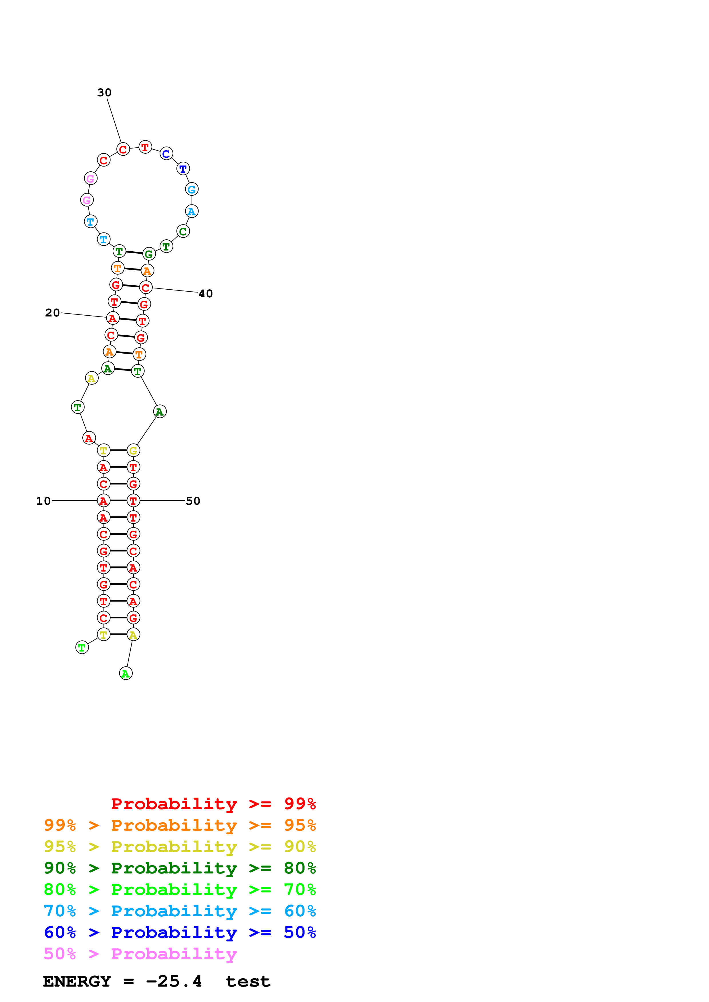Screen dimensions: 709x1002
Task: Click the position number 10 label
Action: [43, 501]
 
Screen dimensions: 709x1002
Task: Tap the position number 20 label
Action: [52, 313]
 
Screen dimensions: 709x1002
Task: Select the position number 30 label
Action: [104, 93]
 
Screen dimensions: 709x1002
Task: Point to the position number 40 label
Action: [206, 294]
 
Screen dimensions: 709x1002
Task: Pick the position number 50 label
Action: [193, 501]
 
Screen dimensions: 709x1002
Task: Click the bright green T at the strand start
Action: [82, 648]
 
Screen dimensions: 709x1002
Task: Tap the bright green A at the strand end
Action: [126, 674]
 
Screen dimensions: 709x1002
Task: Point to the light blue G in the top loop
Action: [192, 189]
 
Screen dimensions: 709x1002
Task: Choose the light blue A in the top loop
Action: [192, 212]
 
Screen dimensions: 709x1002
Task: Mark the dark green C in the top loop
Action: [183, 232]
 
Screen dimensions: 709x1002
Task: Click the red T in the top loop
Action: [145, 147]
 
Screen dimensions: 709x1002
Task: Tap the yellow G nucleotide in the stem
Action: [133, 450]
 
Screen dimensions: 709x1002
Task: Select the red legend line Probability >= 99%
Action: [213, 804]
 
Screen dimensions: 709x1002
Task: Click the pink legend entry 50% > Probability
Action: [140, 954]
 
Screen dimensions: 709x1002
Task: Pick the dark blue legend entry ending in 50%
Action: [180, 933]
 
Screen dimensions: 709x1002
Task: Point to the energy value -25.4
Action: [174, 981]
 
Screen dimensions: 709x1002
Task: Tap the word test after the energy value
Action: [248, 981]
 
